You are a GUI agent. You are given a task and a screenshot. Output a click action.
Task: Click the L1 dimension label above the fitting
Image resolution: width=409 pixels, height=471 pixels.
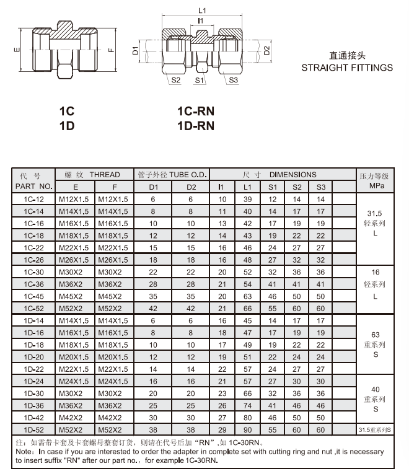[202, 11]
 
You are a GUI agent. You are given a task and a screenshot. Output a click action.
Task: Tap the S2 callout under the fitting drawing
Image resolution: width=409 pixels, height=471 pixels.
[175, 80]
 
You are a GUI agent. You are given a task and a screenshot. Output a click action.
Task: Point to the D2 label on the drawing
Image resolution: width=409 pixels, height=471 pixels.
[266, 50]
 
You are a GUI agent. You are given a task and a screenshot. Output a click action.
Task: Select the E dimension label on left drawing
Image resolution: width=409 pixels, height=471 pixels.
[17, 50]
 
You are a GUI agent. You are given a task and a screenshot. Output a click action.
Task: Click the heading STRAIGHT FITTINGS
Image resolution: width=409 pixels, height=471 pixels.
[347, 68]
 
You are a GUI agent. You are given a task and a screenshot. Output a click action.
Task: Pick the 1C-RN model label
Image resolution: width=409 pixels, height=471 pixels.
[196, 111]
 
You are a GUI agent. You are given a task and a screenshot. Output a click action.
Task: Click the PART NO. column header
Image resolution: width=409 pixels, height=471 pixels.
[34, 187]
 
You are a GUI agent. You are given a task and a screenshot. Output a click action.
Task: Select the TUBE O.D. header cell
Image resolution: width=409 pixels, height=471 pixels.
[172, 175]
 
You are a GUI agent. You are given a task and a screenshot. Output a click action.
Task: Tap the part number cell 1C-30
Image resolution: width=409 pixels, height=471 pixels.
[33, 272]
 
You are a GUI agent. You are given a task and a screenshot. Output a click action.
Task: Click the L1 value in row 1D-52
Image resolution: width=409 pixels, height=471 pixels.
[247, 430]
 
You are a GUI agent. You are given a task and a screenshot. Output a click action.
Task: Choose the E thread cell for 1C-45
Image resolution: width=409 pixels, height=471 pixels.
[71, 296]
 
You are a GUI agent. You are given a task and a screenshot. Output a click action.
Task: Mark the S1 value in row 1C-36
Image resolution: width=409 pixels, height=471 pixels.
[272, 284]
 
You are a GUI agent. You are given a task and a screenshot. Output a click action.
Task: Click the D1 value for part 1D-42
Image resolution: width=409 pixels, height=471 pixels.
[153, 418]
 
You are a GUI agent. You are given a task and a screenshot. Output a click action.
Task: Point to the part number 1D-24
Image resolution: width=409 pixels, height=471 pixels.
[33, 382]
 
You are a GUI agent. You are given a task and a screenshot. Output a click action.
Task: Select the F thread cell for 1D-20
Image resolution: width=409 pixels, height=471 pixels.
[113, 357]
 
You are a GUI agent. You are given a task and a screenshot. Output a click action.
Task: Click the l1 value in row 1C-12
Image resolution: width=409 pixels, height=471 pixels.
[222, 200]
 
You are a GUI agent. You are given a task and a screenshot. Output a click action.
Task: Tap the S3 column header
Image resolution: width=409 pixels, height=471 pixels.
[321, 187]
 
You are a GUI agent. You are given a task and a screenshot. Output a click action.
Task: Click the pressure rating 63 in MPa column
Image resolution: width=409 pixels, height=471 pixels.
[376, 335]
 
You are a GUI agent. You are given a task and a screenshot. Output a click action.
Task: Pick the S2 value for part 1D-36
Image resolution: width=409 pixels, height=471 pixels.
[296, 406]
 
